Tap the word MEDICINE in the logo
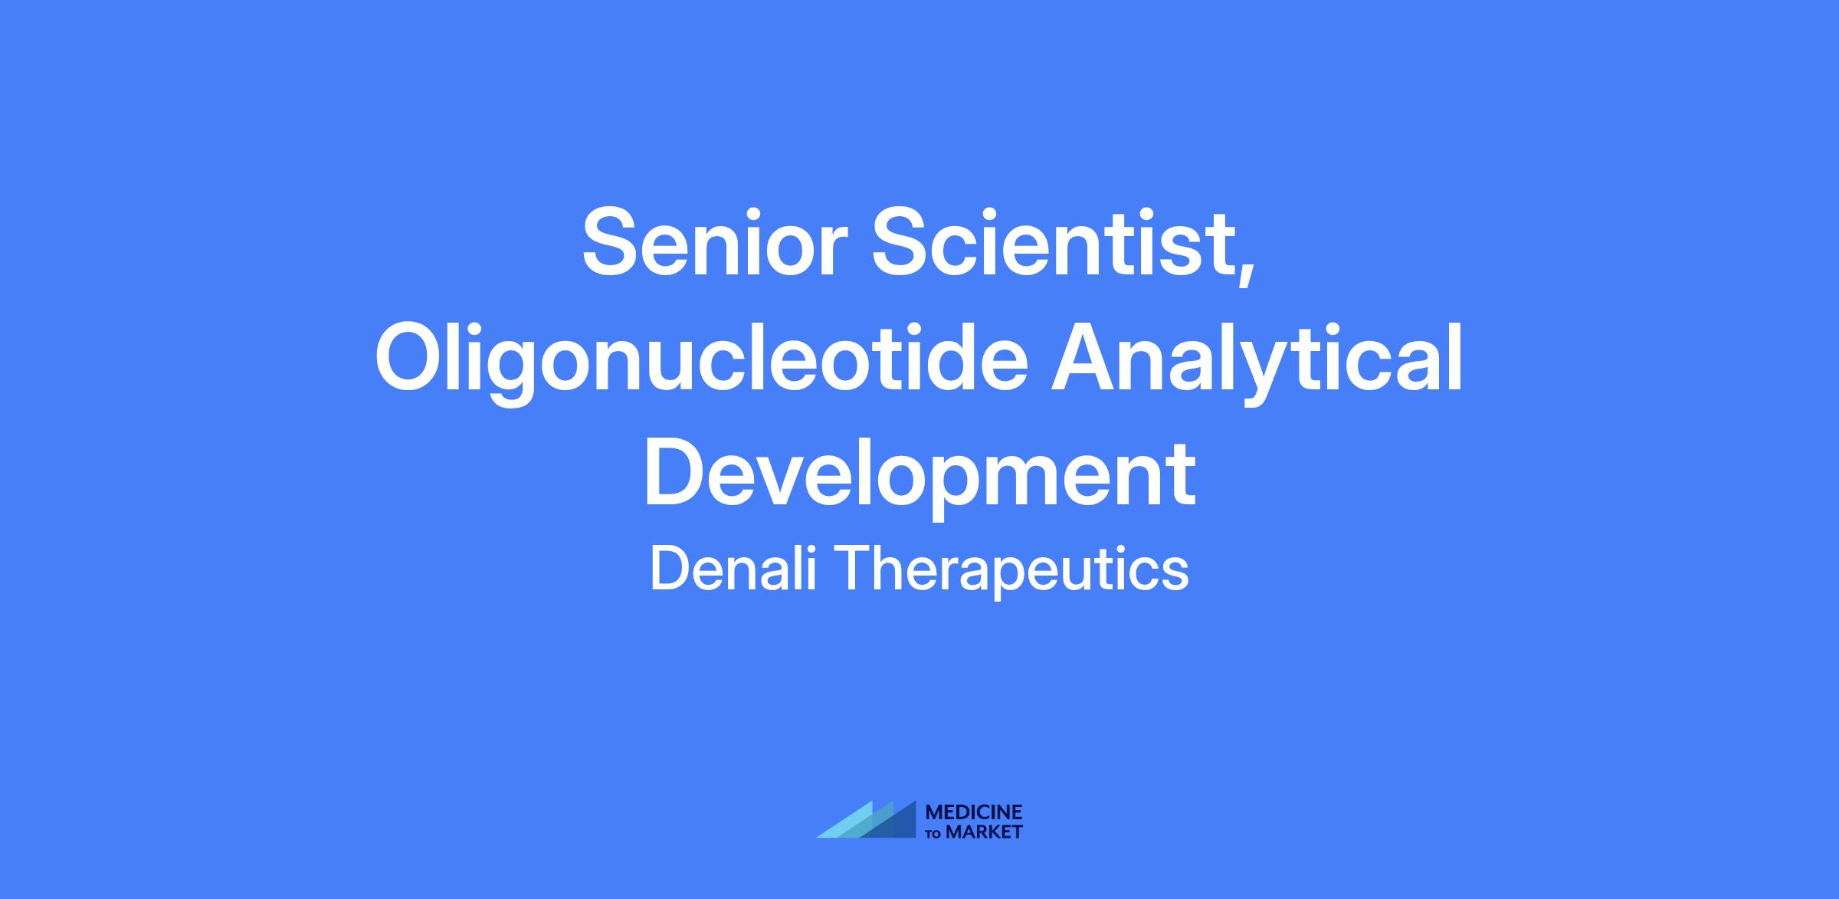[974, 812]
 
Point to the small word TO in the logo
[935, 833]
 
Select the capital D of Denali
[669, 569]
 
